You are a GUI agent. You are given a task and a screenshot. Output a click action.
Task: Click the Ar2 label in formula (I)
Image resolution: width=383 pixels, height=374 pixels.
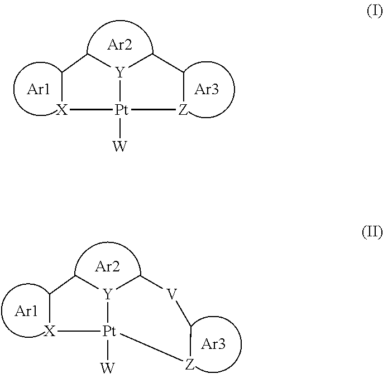click(119, 45)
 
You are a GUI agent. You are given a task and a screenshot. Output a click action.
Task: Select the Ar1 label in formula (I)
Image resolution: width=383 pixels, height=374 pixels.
click(39, 89)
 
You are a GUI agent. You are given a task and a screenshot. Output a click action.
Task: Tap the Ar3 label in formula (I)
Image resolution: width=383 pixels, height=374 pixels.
click(207, 89)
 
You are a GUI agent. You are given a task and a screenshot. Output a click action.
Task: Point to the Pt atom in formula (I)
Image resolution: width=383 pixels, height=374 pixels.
click(121, 110)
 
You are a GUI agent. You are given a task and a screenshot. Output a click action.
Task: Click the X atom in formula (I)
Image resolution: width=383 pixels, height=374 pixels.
click(62, 110)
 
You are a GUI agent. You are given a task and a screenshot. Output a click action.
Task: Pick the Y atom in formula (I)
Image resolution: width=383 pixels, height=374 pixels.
click(120, 72)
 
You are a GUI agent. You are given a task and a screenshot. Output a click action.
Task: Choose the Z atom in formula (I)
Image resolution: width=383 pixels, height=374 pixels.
click(183, 110)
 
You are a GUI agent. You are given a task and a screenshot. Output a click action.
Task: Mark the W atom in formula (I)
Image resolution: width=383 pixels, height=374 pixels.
click(120, 146)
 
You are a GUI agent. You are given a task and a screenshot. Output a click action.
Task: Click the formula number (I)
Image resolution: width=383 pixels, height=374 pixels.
click(375, 11)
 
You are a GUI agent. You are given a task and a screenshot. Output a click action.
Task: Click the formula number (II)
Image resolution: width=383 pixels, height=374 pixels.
click(372, 232)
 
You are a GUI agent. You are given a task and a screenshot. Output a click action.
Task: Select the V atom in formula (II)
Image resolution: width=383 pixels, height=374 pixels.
click(171, 294)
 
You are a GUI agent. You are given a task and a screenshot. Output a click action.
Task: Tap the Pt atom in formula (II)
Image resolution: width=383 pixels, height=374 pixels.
click(109, 331)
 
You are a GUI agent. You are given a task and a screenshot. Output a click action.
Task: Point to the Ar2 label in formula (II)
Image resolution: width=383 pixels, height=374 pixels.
click(107, 266)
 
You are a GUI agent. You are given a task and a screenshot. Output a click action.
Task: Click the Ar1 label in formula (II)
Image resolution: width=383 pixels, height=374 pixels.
click(26, 311)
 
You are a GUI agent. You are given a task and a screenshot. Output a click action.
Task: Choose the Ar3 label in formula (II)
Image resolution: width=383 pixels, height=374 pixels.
click(213, 344)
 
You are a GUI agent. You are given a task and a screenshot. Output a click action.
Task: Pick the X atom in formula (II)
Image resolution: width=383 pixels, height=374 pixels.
click(50, 331)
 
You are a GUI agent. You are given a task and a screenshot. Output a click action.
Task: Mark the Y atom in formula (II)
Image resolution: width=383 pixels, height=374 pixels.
click(107, 294)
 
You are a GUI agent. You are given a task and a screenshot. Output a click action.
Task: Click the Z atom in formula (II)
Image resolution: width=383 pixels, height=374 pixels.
click(190, 365)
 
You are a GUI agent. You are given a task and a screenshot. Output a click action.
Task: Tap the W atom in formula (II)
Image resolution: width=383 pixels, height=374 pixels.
click(107, 368)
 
